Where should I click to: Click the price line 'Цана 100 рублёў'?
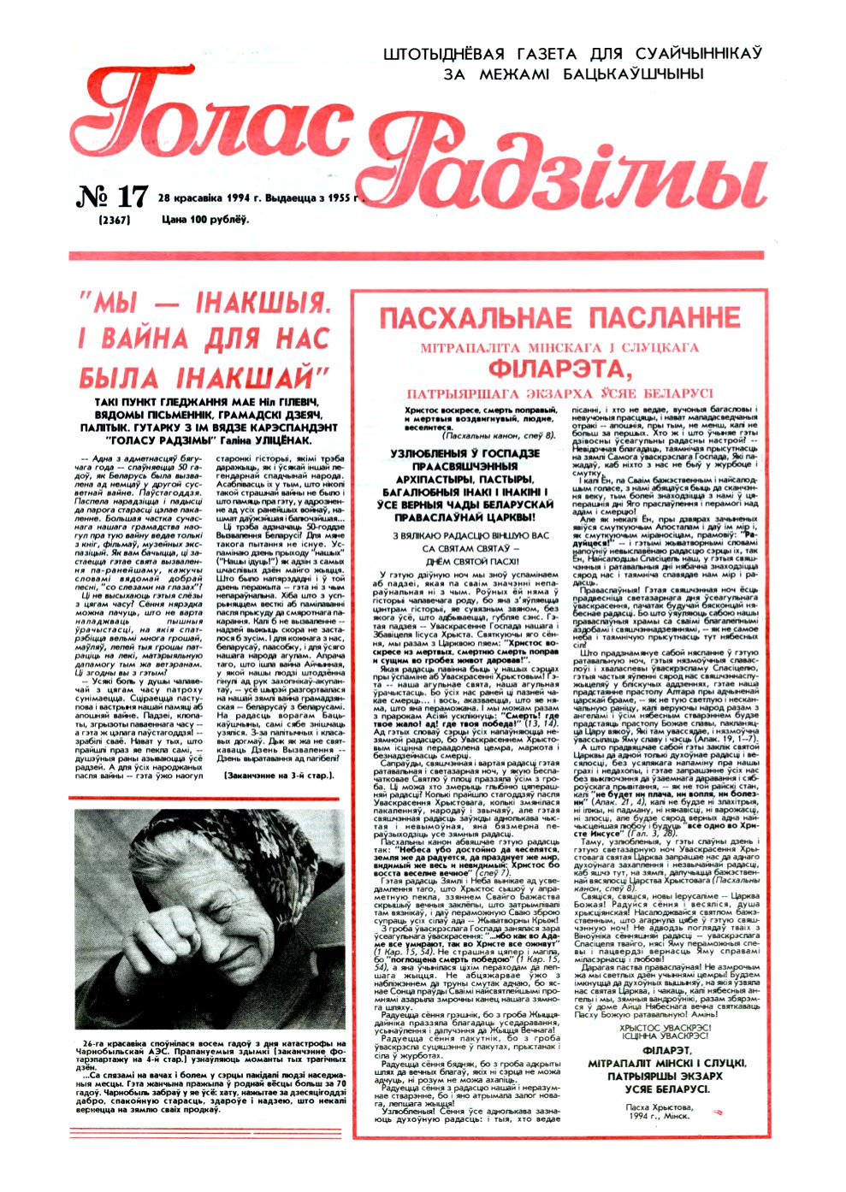click(205, 221)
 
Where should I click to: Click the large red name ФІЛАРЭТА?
click(559, 370)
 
